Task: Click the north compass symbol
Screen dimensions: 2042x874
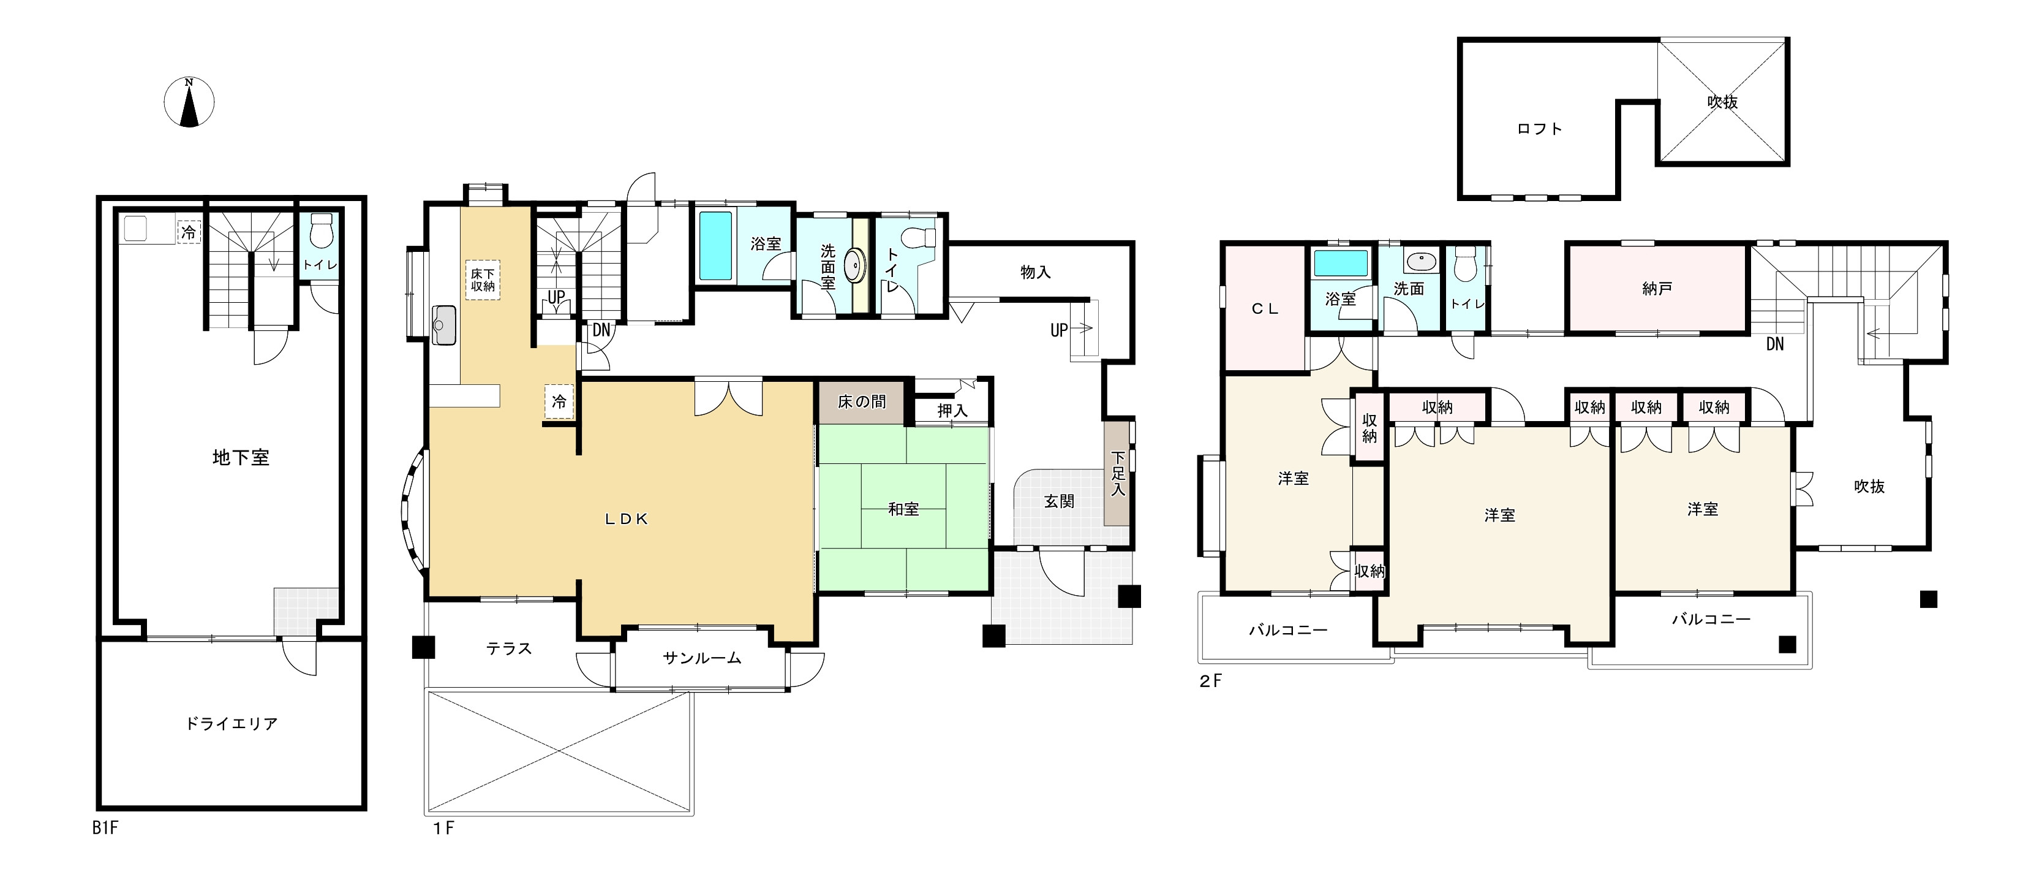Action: [189, 102]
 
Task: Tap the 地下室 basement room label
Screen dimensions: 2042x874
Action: [241, 458]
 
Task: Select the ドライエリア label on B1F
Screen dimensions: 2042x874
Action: [232, 723]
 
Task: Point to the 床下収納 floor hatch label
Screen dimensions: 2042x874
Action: [483, 279]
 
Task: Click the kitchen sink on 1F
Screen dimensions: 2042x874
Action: [445, 325]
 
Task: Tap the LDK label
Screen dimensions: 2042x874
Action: [627, 520]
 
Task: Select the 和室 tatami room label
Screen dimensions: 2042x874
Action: [903, 509]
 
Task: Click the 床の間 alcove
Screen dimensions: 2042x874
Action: [862, 402]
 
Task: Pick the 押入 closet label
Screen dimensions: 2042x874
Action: [952, 411]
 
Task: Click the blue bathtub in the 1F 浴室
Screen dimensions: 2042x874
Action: [716, 245]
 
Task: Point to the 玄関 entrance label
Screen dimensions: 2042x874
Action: [1059, 501]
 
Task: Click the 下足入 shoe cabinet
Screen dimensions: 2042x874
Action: [1118, 474]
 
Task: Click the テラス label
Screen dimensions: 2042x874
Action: [509, 649]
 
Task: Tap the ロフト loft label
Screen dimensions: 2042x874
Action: [1539, 129]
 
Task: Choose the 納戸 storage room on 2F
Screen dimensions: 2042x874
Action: [1657, 289]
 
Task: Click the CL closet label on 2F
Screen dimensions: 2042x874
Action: [1265, 310]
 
